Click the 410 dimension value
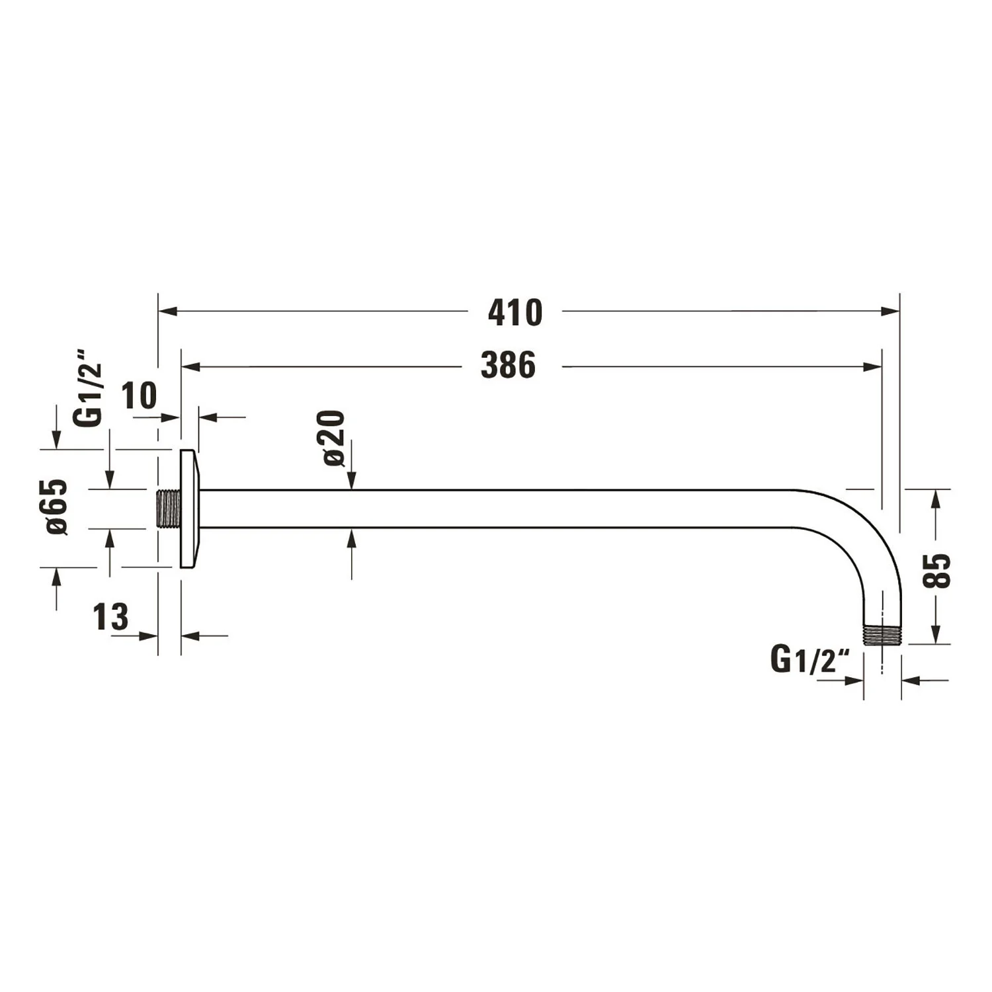(x=515, y=312)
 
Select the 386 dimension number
(x=508, y=366)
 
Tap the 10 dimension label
(x=140, y=396)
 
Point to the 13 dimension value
(x=111, y=617)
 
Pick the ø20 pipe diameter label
(x=333, y=438)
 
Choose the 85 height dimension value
(x=937, y=570)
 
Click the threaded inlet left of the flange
(x=169, y=509)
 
